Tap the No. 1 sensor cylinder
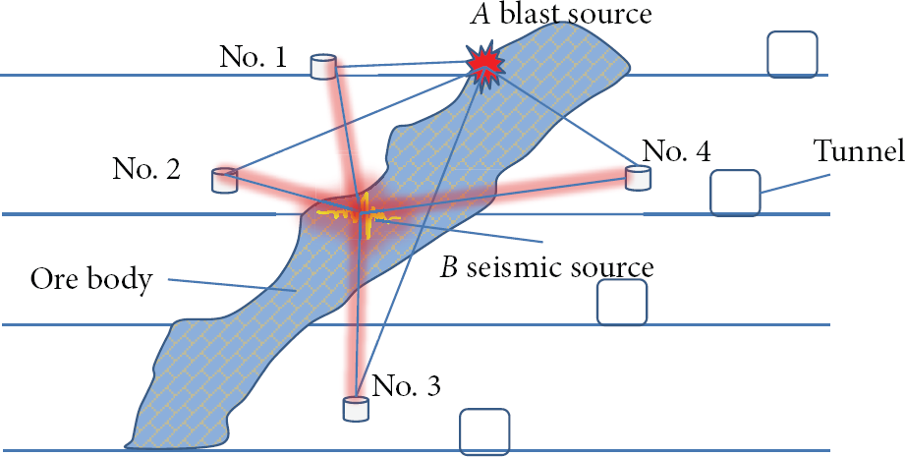324,67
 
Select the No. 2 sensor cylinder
224,180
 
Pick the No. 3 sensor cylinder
356,409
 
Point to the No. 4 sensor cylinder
639,178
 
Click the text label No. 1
253,57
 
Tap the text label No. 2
146,170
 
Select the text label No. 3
407,385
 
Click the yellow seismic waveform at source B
358,217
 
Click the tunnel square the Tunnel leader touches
735,193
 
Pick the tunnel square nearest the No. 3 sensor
484,432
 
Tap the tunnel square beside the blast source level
792,54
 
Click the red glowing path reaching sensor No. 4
496,196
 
